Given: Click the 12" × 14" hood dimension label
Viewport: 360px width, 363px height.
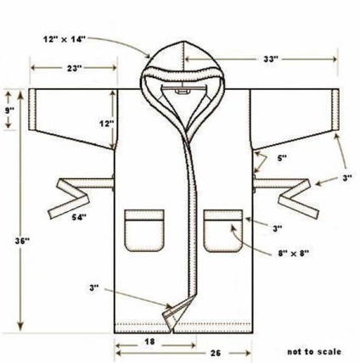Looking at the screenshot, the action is tap(65, 39).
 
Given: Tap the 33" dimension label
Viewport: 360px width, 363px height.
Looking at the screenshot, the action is tap(271, 59).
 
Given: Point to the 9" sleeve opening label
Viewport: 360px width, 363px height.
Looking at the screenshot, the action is tap(10, 109).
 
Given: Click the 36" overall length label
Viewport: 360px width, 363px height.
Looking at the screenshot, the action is tap(22, 241).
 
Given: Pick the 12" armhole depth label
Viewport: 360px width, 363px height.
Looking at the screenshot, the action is tap(106, 124).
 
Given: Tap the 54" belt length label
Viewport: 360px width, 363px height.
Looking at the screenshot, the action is tap(79, 217).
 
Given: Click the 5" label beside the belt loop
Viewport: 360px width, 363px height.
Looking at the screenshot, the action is tap(282, 158).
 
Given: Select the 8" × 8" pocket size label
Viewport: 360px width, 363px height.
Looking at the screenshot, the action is tap(293, 254).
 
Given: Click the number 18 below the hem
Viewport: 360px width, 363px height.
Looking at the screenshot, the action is tap(149, 342).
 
